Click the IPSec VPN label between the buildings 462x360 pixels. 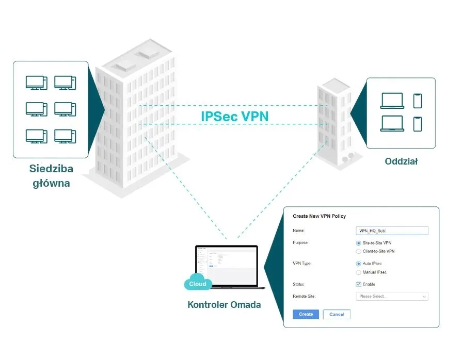234,116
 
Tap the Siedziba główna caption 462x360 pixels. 51,176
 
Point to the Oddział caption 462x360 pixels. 401,161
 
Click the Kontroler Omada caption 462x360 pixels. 224,305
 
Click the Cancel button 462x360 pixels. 337,314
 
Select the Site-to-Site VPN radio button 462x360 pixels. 359,243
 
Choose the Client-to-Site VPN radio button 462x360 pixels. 359,251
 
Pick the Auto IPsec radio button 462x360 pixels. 359,264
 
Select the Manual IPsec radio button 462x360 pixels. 359,272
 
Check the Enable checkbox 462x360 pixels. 359,284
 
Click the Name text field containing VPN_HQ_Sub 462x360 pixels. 392,231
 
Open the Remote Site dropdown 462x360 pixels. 392,297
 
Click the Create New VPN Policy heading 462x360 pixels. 319,216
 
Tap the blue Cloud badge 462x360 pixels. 197,284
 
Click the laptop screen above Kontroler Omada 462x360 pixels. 227,265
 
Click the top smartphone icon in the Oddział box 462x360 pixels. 417,101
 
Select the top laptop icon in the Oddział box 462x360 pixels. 392,101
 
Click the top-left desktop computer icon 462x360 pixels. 37,83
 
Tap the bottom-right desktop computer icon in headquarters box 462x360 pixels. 65,136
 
